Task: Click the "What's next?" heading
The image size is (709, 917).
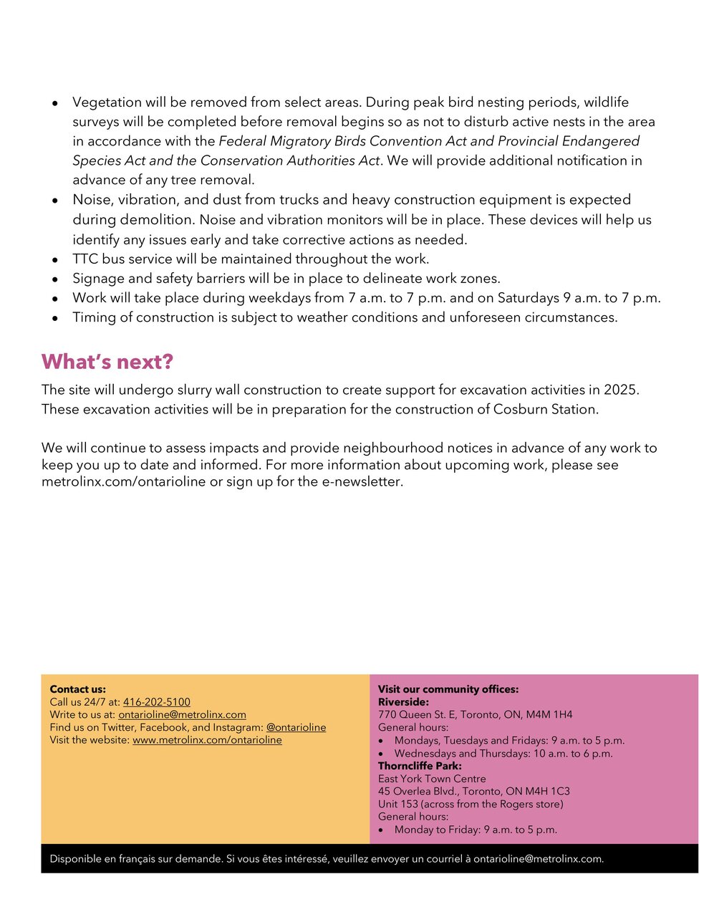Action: [107, 362]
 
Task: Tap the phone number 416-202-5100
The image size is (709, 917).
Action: [157, 702]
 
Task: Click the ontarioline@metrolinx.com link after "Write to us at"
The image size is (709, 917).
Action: [182, 715]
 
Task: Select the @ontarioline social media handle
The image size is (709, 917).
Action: [296, 728]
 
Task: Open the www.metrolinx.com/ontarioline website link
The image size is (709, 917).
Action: [207, 740]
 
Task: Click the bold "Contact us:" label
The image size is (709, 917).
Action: [77, 689]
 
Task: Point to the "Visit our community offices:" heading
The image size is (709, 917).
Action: [448, 689]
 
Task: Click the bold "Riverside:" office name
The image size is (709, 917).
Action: [403, 702]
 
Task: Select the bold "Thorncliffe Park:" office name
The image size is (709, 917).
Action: [420, 766]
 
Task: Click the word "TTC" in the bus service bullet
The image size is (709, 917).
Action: [85, 259]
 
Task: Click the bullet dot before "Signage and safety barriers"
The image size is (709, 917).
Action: [54, 279]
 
